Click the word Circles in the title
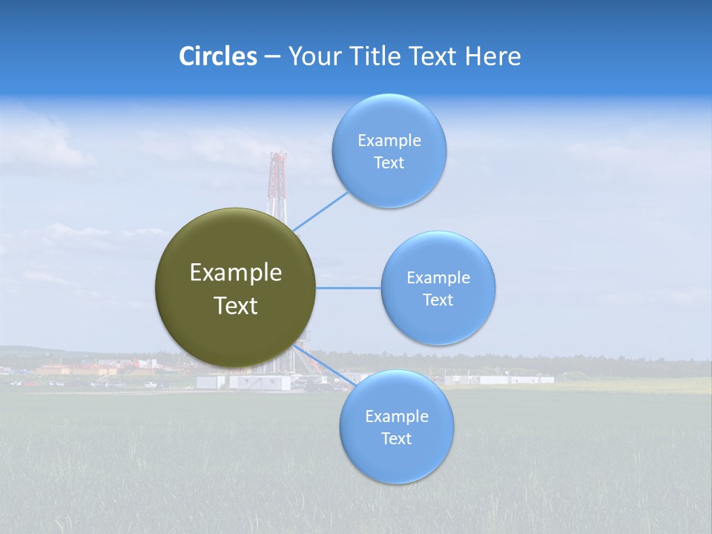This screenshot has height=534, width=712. [217, 56]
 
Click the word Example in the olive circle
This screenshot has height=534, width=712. [235, 273]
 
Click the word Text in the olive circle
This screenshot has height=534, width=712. [235, 306]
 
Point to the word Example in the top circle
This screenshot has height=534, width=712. [389, 140]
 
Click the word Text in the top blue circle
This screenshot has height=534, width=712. [389, 163]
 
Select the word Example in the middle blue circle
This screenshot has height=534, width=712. [438, 277]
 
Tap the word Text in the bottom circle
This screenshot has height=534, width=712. [396, 439]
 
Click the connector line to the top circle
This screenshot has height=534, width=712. [320, 211]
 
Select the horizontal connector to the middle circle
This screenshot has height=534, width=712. [349, 288]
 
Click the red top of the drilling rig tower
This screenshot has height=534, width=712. [278, 157]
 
